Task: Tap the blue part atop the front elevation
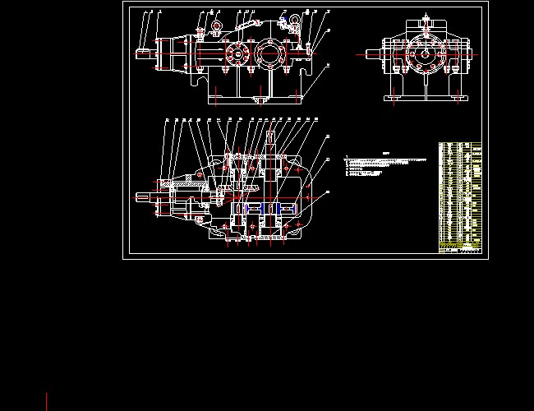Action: click(x=283, y=17)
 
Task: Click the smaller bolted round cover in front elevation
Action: click(x=237, y=55)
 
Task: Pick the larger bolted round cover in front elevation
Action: click(x=269, y=55)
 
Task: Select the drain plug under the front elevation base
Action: click(x=261, y=101)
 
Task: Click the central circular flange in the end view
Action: click(x=426, y=55)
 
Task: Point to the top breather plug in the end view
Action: click(x=426, y=18)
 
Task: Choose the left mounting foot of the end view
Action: click(x=392, y=99)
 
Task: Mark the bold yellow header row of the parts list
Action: click(x=460, y=244)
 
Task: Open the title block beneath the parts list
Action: click(x=460, y=250)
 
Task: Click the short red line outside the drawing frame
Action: click(x=47, y=401)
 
